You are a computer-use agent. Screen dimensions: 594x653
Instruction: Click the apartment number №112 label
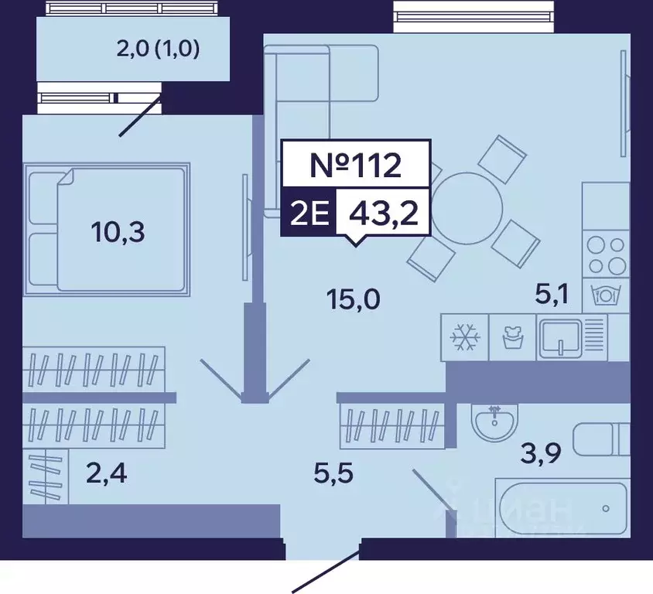[355, 165]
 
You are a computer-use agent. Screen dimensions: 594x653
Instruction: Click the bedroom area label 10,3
[118, 230]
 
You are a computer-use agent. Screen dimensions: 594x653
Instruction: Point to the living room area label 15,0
[352, 297]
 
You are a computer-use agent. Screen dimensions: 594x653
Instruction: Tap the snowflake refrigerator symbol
[466, 337]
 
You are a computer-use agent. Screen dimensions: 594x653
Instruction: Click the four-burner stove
[605, 255]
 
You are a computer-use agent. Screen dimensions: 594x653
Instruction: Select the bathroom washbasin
[494, 422]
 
